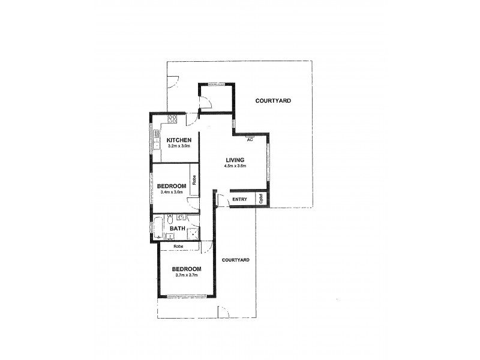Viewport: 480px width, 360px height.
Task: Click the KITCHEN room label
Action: coord(179,140)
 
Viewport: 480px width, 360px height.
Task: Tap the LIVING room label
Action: coord(235,159)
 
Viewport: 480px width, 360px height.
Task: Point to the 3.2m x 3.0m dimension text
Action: coord(179,146)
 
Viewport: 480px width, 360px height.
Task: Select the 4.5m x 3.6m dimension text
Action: coord(235,166)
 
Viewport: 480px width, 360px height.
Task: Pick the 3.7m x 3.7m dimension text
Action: coord(186,275)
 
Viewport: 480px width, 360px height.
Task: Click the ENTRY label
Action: coord(239,199)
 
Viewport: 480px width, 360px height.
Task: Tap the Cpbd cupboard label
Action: coord(262,199)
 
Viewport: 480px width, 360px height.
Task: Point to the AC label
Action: coord(250,140)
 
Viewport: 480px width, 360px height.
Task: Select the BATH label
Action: coord(177,229)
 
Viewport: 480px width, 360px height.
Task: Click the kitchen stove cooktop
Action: coord(172,119)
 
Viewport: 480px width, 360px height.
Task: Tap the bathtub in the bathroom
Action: coord(158,227)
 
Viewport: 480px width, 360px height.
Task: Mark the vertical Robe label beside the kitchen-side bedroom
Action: coord(194,179)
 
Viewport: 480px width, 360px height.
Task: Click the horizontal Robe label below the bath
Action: coord(178,247)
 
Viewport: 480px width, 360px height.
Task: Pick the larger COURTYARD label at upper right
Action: coord(273,101)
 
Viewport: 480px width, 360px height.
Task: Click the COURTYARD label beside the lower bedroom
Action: coord(235,260)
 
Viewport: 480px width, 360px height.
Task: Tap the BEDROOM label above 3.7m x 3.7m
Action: coord(186,269)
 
